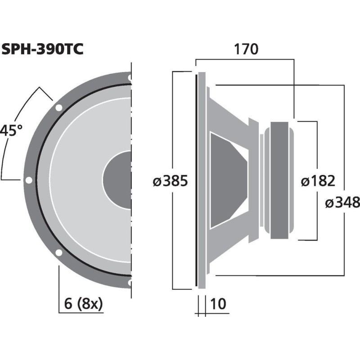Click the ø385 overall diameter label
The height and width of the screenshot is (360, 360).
[170, 181]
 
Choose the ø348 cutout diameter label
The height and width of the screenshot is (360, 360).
[342, 202]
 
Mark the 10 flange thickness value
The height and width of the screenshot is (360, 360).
[218, 304]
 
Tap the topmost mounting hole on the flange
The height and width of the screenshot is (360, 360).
[130, 77]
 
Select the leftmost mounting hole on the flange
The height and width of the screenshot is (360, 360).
[29, 180]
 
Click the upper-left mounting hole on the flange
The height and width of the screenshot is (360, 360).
[58, 108]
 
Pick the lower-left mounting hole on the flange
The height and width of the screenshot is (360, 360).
[58, 252]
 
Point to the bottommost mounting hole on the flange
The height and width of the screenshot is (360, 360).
[130, 283]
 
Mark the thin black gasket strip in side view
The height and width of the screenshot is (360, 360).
[196, 180]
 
